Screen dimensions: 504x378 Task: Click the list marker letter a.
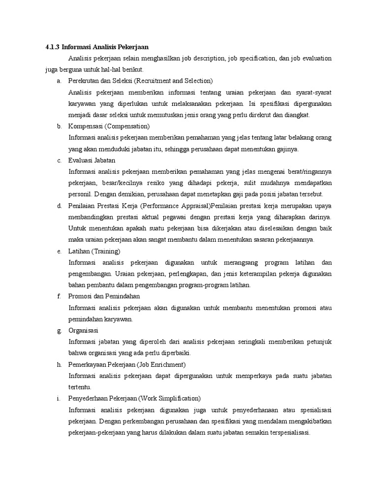coord(59,81)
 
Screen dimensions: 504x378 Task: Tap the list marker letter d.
coord(59,206)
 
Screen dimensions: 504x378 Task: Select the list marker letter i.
coord(59,398)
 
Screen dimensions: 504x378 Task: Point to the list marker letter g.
coord(59,331)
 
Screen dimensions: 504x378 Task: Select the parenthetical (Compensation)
coord(127,126)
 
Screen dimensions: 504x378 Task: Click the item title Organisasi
coord(84,331)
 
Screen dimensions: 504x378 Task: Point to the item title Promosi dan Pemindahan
coord(104,296)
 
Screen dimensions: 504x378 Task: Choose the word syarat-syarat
coord(314,92)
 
